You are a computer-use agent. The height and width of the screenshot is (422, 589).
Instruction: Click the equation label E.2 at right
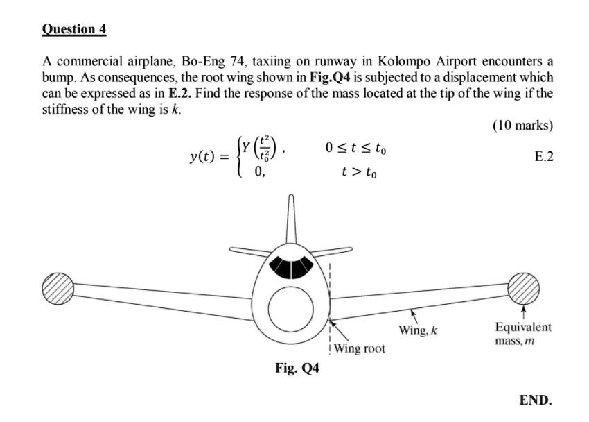(x=544, y=157)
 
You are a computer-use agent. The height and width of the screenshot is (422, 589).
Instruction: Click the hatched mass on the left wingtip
(x=58, y=286)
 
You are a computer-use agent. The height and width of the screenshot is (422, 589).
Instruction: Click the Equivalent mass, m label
(x=522, y=334)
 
